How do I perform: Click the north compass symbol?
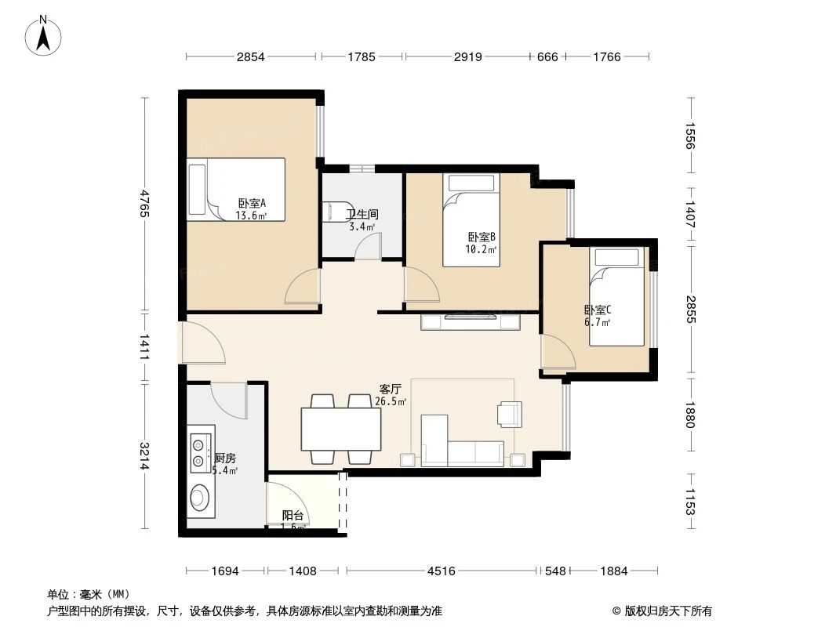[45, 35]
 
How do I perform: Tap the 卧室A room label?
[252, 203]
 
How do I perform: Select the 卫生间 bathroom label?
[363, 213]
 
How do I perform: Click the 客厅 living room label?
[390, 389]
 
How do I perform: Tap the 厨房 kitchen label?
[225, 458]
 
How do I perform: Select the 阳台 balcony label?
[293, 516]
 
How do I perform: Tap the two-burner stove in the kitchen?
[201, 450]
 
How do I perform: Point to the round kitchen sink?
[199, 496]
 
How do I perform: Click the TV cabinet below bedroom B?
[471, 321]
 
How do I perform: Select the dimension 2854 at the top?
[251, 56]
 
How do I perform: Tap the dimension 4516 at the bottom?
[441, 571]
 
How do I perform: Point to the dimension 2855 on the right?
[690, 310]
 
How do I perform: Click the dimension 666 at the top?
[547, 56]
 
